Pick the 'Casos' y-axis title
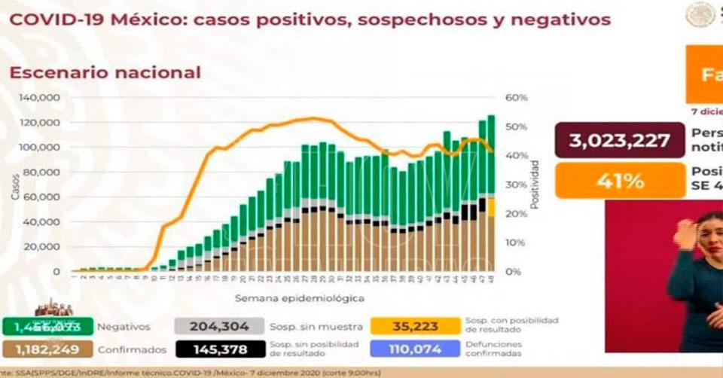click(x=15, y=184)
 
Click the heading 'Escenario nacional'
click(x=105, y=72)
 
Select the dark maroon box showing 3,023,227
click(x=620, y=141)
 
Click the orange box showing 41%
click(x=620, y=181)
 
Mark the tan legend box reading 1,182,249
click(x=47, y=349)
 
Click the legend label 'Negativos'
click(x=124, y=327)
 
